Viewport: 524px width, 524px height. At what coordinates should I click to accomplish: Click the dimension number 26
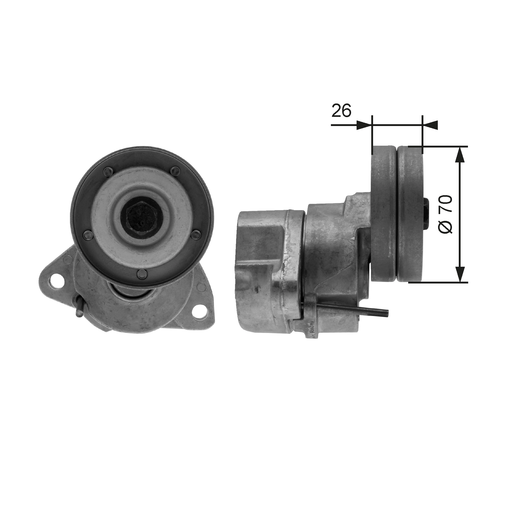click(x=341, y=111)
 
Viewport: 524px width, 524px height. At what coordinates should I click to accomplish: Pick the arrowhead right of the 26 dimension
click(x=430, y=125)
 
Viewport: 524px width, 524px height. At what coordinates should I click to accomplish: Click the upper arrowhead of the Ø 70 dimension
click(x=460, y=155)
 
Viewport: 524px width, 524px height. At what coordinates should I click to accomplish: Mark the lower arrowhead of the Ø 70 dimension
click(x=460, y=275)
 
